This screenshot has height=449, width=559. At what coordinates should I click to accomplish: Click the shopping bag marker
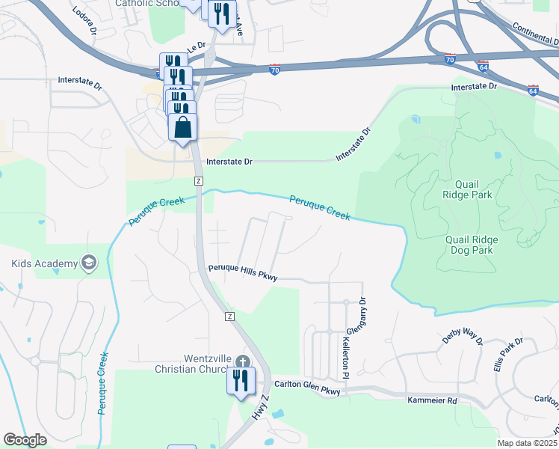[183, 128]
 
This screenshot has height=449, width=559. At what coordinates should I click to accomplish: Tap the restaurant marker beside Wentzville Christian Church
[241, 380]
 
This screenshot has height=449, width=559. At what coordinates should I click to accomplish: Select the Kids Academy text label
[44, 263]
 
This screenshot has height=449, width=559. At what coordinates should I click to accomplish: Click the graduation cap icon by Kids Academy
[89, 263]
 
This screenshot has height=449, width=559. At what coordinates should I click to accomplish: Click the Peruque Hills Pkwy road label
[243, 272]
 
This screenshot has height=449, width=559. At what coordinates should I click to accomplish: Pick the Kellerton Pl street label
[346, 355]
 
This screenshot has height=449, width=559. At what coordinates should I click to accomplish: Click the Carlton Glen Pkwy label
[306, 387]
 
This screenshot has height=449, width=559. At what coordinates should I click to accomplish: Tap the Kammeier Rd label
[431, 400]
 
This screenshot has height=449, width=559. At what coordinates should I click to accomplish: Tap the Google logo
[25, 440]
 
